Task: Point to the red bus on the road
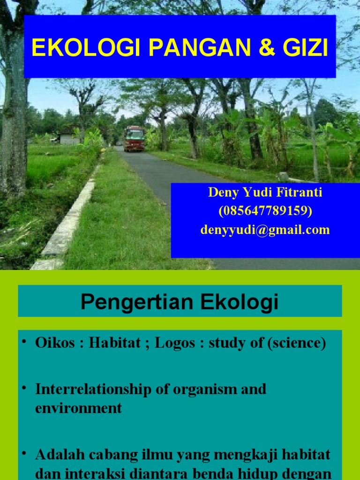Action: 135,138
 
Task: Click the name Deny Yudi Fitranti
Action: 265,192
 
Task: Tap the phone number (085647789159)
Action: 265,211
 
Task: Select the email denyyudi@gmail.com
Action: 265,230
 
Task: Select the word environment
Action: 78,408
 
